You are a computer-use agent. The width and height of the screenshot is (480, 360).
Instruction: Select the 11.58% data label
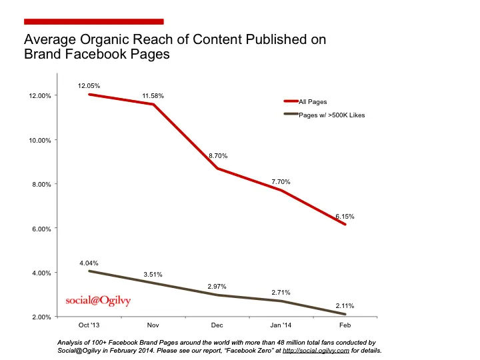pyautogui.click(x=152, y=96)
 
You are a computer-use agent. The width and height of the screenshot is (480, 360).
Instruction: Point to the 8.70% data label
pyautogui.click(x=217, y=156)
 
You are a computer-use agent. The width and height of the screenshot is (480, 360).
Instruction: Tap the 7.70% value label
pyautogui.click(x=281, y=181)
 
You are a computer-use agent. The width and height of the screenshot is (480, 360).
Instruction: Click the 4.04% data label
pyautogui.click(x=89, y=262)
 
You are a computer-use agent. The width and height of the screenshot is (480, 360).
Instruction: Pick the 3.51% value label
pyautogui.click(x=152, y=274)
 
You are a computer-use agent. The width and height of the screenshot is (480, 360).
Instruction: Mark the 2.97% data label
pyautogui.click(x=217, y=286)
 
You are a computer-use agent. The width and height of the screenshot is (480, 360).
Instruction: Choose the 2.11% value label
pyautogui.click(x=345, y=306)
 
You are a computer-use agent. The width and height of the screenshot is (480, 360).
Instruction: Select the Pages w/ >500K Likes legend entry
pyautogui.click(x=331, y=115)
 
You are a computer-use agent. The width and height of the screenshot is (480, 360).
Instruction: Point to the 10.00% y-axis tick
pyautogui.click(x=40, y=140)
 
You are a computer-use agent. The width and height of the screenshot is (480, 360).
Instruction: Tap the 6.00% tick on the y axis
pyautogui.click(x=41, y=229)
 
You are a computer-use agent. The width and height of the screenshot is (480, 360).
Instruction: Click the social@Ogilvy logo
pyautogui.click(x=98, y=300)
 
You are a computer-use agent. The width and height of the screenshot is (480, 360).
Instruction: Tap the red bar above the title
pyautogui.click(x=93, y=22)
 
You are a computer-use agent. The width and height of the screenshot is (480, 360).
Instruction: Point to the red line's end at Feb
pyautogui.click(x=345, y=225)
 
